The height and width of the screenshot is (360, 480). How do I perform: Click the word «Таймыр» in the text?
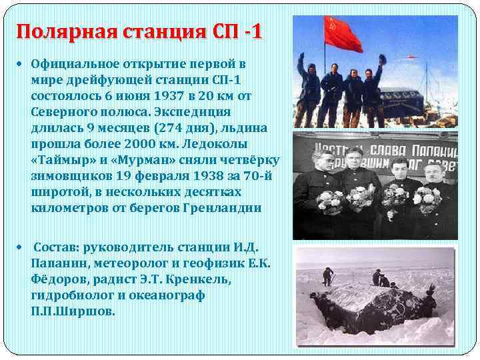click(x=61, y=160)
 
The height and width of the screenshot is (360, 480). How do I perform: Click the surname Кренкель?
click(x=199, y=279)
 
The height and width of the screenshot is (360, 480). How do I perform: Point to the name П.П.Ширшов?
click(x=73, y=311)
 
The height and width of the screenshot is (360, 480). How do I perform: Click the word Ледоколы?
click(x=241, y=144)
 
